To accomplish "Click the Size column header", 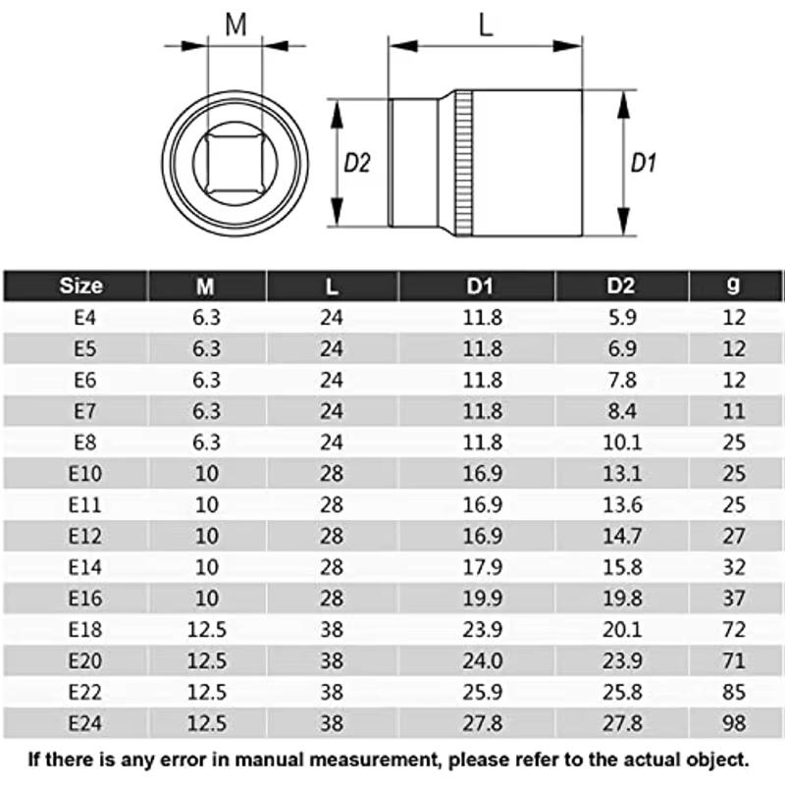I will (x=80, y=286).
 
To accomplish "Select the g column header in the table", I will (x=733, y=286).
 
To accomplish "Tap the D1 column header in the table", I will (x=478, y=286).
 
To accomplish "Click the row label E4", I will (x=80, y=317).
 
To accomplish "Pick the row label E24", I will (x=80, y=723).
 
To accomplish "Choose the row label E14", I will (x=80, y=566).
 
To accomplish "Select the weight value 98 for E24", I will (x=733, y=723).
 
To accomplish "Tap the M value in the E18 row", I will (x=206, y=629).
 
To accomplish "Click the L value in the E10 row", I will (x=333, y=473).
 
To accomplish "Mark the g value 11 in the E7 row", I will (x=733, y=410).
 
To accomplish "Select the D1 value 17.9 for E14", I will (x=483, y=566).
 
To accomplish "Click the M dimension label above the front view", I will (x=236, y=25).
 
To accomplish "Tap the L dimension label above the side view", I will (x=485, y=26).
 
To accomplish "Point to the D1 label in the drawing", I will (x=643, y=163).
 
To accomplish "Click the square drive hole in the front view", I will (x=235, y=163).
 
